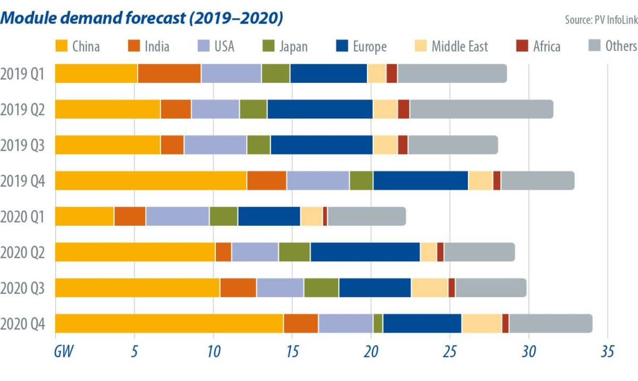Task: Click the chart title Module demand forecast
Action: pos(142,18)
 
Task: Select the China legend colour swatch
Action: pos(63,46)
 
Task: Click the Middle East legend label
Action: pos(460,46)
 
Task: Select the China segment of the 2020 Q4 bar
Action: pos(169,323)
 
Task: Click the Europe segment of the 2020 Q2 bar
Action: pos(365,252)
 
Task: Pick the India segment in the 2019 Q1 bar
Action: pos(169,73)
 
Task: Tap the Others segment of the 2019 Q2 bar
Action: pos(481,109)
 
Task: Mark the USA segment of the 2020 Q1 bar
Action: pos(178,216)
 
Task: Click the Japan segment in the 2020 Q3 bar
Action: pos(321,287)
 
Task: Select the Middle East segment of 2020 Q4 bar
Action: pos(482,323)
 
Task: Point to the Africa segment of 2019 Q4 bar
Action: pos(497,181)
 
